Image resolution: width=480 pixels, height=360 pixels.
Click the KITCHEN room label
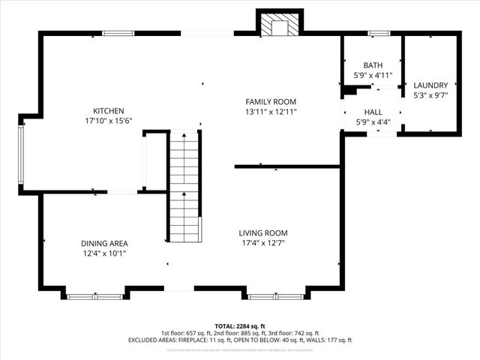pos(108,111)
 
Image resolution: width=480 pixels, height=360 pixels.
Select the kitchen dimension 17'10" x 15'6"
pos(108,121)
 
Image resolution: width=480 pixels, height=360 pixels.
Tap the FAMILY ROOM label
pos(271,102)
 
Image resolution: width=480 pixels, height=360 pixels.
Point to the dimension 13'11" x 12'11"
pos(271,112)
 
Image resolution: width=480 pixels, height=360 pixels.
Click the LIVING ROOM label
pos(263,233)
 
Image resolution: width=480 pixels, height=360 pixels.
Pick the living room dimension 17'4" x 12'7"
pos(263,243)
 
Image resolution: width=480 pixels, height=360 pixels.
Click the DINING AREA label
pos(104,243)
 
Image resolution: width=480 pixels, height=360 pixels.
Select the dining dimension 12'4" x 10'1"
pos(104,253)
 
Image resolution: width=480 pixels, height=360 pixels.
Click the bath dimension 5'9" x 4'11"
pos(373,76)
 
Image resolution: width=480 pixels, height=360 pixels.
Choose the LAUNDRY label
pos(430,85)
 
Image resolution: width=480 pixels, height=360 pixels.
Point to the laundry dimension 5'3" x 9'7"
pos(430,95)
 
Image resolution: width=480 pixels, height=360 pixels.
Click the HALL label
pos(373,112)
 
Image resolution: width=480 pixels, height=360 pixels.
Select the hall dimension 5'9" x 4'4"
pos(373,121)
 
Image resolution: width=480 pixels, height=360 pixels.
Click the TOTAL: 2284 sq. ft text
pos(239,326)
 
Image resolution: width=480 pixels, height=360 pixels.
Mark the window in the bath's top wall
pos(378,33)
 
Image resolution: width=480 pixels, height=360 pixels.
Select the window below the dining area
pos(94,296)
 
